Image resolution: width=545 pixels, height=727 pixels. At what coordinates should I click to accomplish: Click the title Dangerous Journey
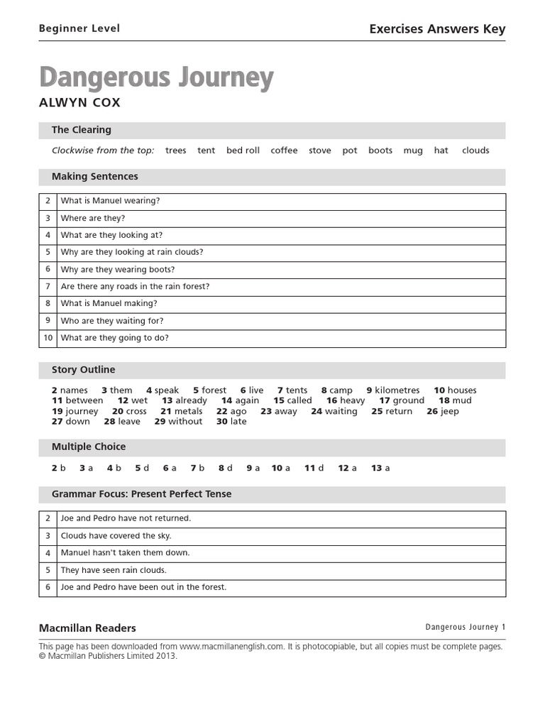[x=156, y=78]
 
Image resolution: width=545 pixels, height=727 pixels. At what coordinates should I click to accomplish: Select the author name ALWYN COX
[x=79, y=103]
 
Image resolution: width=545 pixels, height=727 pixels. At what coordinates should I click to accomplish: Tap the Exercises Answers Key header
[x=437, y=29]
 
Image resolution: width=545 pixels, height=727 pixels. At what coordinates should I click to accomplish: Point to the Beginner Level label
[x=79, y=29]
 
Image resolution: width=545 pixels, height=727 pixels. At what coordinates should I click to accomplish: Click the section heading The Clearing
[x=82, y=130]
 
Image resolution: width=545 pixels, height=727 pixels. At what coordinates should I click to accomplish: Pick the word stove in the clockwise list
[x=320, y=151]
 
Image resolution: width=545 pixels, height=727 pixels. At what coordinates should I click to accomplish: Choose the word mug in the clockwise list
[x=413, y=151]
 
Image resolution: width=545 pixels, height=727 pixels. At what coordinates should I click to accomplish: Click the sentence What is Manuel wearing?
[x=111, y=201]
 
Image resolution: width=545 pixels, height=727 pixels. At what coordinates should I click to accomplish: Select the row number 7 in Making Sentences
[x=48, y=287]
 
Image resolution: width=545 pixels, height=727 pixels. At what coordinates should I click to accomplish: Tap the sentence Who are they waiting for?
[x=112, y=321]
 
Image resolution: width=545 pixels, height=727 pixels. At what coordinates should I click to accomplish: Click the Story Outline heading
[x=83, y=370]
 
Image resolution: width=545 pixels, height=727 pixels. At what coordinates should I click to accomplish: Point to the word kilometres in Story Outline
[x=397, y=390]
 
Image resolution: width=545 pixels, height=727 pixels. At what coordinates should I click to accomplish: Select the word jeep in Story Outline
[x=449, y=411]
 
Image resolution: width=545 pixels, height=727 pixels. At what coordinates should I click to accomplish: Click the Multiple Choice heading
[x=89, y=447]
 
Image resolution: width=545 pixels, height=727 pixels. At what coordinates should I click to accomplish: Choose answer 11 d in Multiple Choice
[x=314, y=468]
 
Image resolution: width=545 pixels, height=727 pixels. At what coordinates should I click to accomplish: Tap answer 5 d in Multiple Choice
[x=142, y=468]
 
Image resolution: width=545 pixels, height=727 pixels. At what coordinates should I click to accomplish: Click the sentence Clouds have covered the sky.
[x=116, y=536]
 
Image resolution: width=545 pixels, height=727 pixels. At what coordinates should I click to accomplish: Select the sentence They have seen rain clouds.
[x=114, y=570]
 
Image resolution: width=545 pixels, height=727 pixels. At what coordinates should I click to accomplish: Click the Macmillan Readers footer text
[x=87, y=628]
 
